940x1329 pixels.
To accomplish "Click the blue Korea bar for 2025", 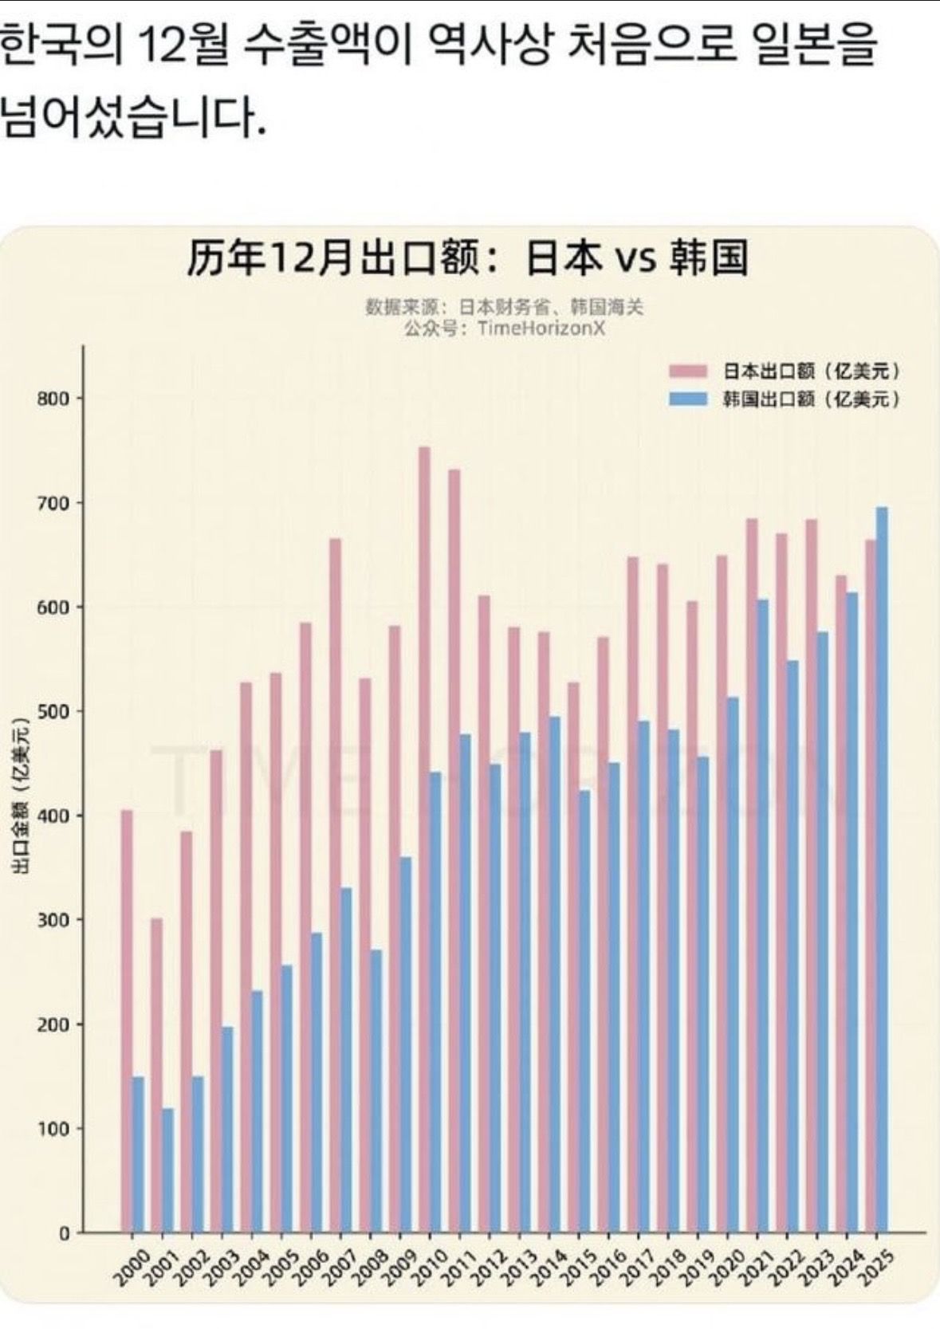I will [x=882, y=869].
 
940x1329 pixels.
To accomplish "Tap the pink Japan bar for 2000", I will [x=126, y=1020].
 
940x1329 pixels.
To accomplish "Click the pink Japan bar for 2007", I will [x=335, y=885].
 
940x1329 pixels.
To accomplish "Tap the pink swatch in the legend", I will [x=688, y=371].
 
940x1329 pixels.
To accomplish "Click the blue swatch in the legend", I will [x=688, y=398].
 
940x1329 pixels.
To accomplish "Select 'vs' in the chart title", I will [x=635, y=259].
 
